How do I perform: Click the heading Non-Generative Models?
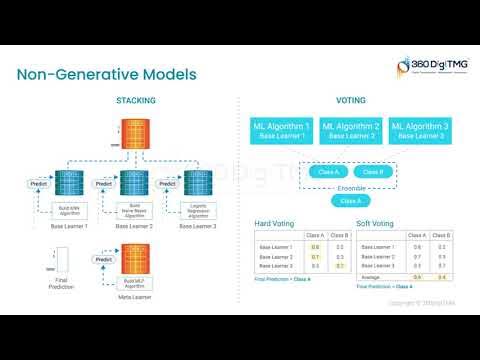107,75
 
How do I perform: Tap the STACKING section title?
134,101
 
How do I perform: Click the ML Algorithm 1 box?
281,130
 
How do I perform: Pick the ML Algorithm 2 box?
350,130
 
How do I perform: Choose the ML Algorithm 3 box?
420,130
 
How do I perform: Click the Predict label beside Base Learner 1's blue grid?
35,184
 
